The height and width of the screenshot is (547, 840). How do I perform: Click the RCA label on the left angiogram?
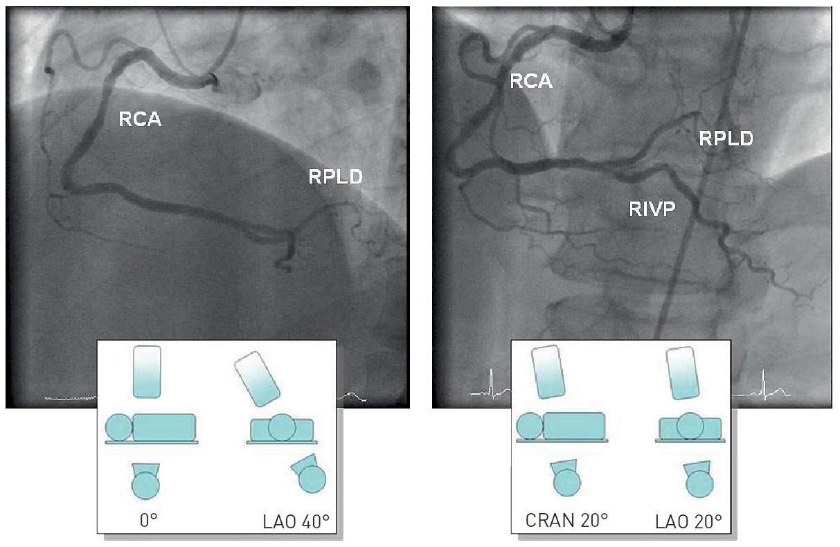pyautogui.click(x=140, y=119)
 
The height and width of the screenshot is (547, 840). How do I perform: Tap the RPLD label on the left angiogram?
pyautogui.click(x=335, y=177)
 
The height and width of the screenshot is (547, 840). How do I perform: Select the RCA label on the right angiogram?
pyautogui.click(x=531, y=81)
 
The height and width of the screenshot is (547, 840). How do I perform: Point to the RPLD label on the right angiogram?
pyautogui.click(x=726, y=138)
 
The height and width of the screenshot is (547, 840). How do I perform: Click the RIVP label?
pyautogui.click(x=652, y=208)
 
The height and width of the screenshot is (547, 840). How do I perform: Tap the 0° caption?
pyautogui.click(x=149, y=521)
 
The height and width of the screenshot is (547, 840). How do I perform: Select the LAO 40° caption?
pyautogui.click(x=296, y=521)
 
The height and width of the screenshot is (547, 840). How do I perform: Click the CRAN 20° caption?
pyautogui.click(x=566, y=520)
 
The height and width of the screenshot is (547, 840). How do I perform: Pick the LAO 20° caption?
pyautogui.click(x=688, y=520)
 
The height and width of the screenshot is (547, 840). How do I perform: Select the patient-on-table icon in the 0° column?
pyautogui.click(x=152, y=429)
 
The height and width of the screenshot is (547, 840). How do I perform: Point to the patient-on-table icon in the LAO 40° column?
pyautogui.click(x=283, y=429)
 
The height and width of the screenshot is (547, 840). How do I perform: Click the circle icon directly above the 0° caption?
pyautogui.click(x=145, y=485)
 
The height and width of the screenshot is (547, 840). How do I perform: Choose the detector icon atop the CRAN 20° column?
pyautogui.click(x=548, y=372)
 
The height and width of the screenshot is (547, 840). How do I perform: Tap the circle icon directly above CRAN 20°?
pyautogui.click(x=566, y=482)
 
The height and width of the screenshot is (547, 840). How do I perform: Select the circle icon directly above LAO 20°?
pyautogui.click(x=698, y=483)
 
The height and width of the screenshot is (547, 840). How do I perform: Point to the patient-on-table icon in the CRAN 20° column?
pyautogui.click(x=562, y=427)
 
